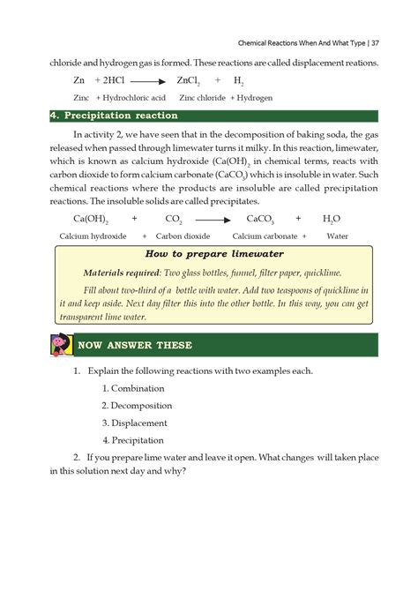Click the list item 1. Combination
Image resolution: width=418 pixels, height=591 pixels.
[x=132, y=388]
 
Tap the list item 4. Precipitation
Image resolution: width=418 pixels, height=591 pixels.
[x=134, y=439]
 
